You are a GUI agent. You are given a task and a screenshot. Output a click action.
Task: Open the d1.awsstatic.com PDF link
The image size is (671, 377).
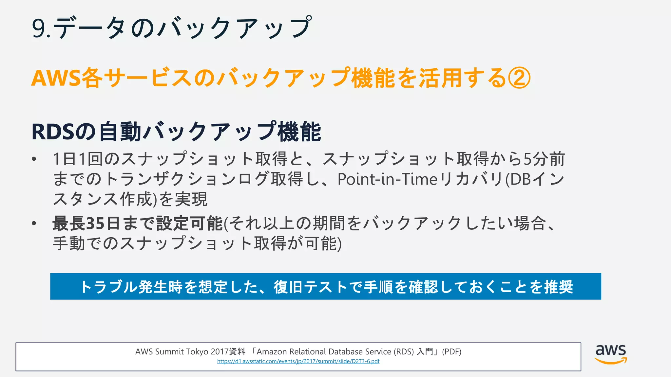298,361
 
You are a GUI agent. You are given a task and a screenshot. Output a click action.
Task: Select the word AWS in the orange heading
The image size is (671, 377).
56,79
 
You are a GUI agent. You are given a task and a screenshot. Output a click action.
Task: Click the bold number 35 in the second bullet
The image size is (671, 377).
95,224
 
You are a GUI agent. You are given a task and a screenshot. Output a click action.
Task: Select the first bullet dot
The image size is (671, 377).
34,159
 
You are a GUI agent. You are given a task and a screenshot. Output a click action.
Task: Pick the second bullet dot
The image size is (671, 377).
34,224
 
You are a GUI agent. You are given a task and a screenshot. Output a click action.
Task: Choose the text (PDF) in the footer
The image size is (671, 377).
451,352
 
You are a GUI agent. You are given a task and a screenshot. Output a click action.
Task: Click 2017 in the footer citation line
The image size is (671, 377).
220,352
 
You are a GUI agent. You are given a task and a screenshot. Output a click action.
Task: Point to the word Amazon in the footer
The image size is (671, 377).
271,352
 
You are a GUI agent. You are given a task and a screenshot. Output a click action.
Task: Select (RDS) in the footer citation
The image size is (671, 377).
404,352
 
